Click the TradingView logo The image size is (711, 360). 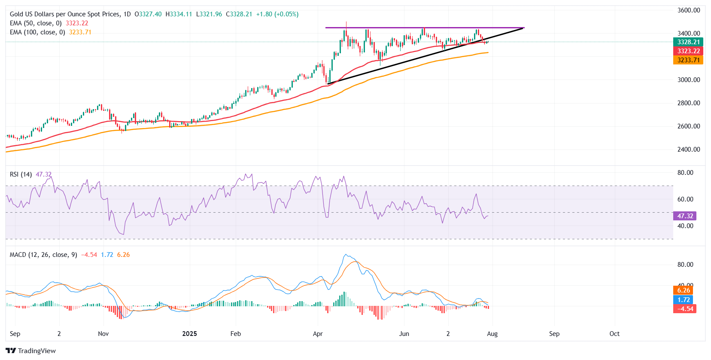[31, 351]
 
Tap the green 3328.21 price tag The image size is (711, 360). [688, 42]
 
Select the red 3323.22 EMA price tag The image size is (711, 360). [688, 51]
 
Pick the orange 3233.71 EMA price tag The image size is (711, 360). [688, 60]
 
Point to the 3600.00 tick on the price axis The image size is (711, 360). [689, 10]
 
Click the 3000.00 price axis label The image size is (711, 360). [689, 80]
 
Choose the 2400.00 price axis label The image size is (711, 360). [689, 149]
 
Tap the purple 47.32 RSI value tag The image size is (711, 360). [685, 216]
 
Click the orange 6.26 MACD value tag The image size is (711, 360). [684, 290]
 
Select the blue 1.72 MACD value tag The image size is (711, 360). [684, 300]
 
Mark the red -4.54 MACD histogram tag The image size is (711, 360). [685, 309]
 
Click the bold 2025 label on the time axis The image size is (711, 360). [189, 334]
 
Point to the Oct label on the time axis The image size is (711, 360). [614, 334]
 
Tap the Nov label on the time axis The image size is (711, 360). [103, 334]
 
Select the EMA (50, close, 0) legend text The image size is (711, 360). [36, 23]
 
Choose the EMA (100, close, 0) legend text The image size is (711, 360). [37, 32]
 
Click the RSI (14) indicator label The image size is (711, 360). [21, 174]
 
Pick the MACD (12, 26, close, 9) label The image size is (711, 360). [43, 255]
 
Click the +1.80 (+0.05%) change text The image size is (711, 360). [277, 14]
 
